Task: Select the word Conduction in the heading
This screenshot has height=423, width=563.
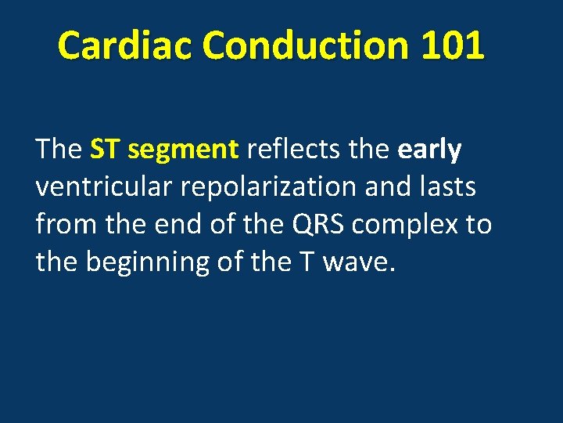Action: click(306, 45)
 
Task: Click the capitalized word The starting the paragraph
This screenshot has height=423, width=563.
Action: click(59, 149)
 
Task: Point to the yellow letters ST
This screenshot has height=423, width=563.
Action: click(105, 149)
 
